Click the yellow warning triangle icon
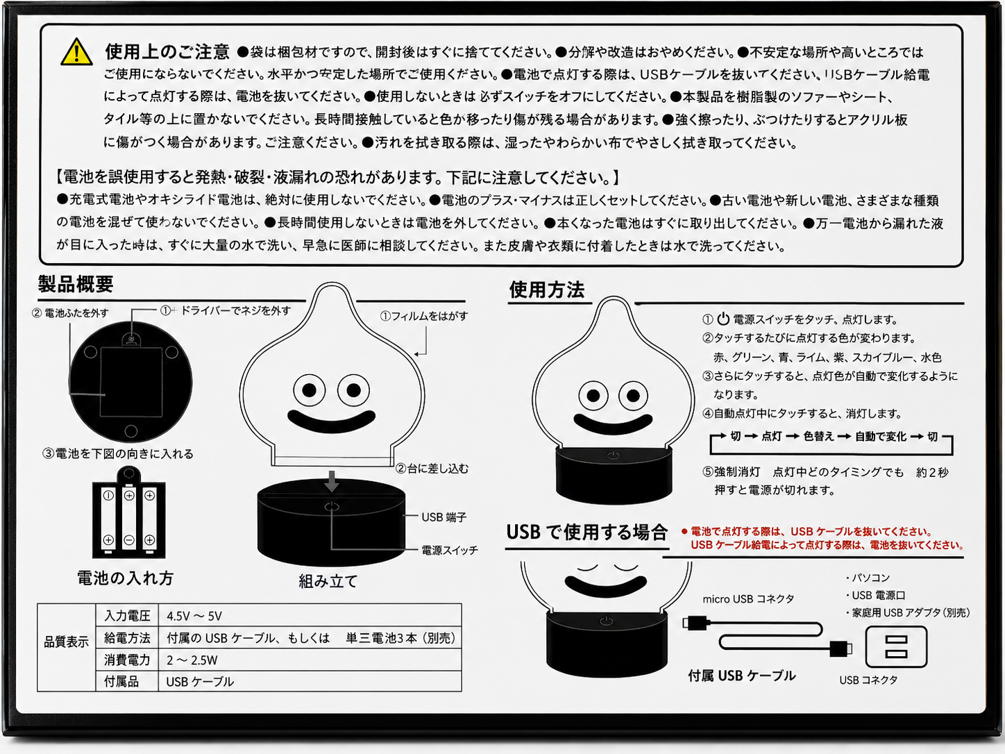point(76,52)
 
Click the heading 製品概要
point(76,284)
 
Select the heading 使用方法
point(547,290)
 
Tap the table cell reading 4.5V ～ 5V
point(194,616)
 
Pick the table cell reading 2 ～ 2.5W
point(192,660)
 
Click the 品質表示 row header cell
point(67,642)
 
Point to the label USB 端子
point(444,517)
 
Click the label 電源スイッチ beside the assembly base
point(450,551)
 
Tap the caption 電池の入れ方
point(125,578)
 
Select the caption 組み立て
point(328,581)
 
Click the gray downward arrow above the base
point(332,480)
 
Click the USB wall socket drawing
point(896,647)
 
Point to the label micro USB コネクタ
point(748,598)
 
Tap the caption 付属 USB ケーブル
point(742,676)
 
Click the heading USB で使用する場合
point(586,532)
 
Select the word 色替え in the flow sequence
point(819,436)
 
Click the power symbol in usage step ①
point(723,319)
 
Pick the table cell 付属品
point(121,682)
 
